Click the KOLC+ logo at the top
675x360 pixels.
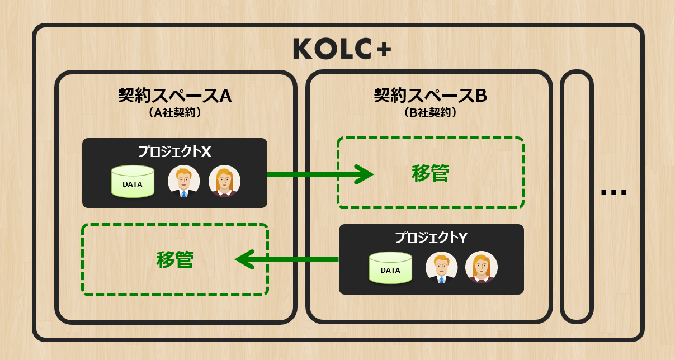[x=342, y=49]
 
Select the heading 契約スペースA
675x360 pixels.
[x=174, y=96]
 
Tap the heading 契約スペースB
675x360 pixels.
[x=430, y=96]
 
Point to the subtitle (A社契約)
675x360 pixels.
[x=174, y=112]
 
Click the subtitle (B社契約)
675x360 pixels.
[x=430, y=112]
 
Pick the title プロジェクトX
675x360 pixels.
[x=174, y=151]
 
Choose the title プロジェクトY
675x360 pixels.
[x=431, y=238]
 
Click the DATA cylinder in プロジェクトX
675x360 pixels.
[x=133, y=182]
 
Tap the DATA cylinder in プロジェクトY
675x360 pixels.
[x=390, y=268]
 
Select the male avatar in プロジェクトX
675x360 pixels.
[x=183, y=182]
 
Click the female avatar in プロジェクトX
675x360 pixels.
[x=224, y=182]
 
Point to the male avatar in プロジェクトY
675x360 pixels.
[x=441, y=267]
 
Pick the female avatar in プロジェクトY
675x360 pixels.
[x=481, y=267]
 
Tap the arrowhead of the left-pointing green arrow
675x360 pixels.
[x=244, y=259]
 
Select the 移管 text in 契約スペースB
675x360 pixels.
[x=430, y=173]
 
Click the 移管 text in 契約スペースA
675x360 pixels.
[x=174, y=259]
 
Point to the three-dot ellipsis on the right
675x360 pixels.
[x=613, y=193]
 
